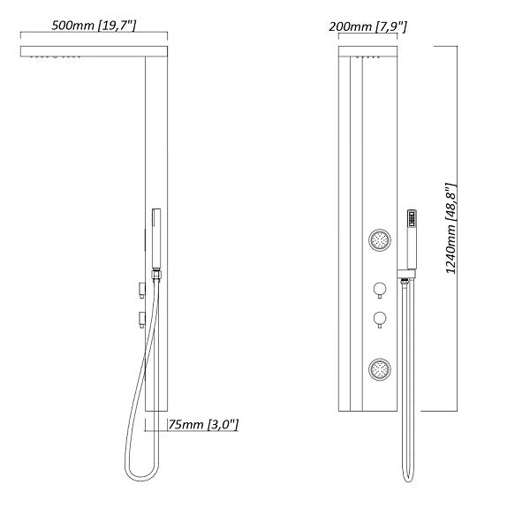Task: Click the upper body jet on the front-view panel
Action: click(381, 239)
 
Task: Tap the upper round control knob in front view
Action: click(379, 290)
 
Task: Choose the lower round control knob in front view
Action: click(379, 318)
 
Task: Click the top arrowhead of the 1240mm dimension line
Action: click(457, 46)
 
